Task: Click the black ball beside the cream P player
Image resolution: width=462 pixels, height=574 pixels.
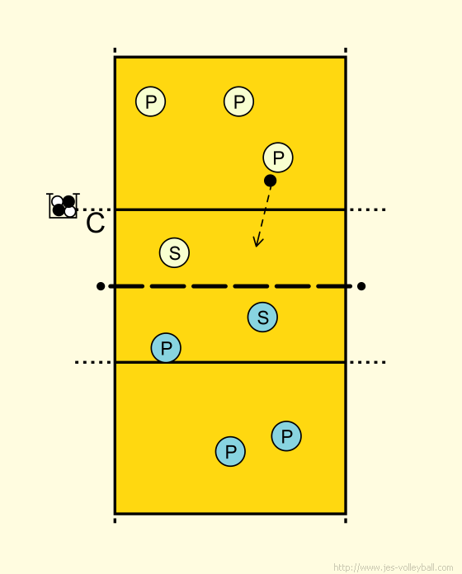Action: pyautogui.click(x=270, y=181)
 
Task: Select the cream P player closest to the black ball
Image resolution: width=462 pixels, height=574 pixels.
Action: pyautogui.click(x=278, y=158)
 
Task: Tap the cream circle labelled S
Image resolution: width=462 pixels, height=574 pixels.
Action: pyautogui.click(x=174, y=252)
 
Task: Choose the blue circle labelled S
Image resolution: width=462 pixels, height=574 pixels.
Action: pyautogui.click(x=262, y=317)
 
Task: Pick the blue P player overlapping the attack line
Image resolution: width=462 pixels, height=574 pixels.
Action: pyautogui.click(x=166, y=348)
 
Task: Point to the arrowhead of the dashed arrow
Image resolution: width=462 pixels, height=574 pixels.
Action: pyautogui.click(x=257, y=242)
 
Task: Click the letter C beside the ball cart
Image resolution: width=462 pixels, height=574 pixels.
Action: pyautogui.click(x=96, y=223)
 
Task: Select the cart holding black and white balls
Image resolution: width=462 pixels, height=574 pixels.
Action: pyautogui.click(x=63, y=205)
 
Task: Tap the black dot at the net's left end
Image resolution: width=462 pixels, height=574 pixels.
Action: pyautogui.click(x=101, y=286)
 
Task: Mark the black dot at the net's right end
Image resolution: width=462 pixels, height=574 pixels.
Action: pyautogui.click(x=361, y=286)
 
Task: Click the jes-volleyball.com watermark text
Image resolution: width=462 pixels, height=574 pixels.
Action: pyautogui.click(x=394, y=567)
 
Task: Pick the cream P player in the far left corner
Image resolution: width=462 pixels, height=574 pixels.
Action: pyautogui.click(x=150, y=101)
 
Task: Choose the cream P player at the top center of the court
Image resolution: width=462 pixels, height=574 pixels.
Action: pyautogui.click(x=238, y=101)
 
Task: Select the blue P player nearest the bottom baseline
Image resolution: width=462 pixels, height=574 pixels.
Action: pyautogui.click(x=230, y=451)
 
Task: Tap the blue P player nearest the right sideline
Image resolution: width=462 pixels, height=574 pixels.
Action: pyautogui.click(x=286, y=436)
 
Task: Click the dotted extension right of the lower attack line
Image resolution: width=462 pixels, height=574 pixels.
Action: pyautogui.click(x=368, y=362)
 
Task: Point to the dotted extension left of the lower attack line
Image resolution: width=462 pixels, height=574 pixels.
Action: pyautogui.click(x=93, y=362)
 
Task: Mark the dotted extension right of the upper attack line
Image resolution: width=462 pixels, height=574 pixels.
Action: pyautogui.click(x=368, y=209)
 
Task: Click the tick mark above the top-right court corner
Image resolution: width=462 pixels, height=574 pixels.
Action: pyautogui.click(x=346, y=50)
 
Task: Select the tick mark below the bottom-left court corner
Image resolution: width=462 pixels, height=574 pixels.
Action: pyautogui.click(x=115, y=520)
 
